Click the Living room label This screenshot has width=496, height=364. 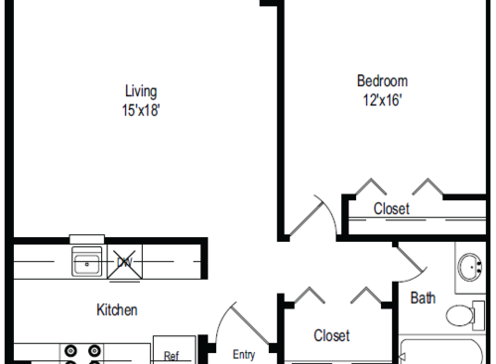[140, 91]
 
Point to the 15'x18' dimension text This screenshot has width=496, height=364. [140, 110]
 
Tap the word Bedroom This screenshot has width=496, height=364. [381, 80]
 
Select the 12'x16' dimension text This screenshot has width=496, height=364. [381, 99]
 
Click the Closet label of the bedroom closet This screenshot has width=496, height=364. [392, 208]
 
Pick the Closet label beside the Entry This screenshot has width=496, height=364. [331, 335]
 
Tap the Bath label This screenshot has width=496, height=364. [423, 297]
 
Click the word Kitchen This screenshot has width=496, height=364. [116, 309]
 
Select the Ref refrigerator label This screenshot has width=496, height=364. [171, 355]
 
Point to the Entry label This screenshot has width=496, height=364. [244, 354]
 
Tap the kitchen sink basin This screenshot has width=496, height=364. [86, 263]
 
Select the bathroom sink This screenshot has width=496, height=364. [469, 269]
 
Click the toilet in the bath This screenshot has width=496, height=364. [462, 316]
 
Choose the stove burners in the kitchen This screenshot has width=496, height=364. [82, 353]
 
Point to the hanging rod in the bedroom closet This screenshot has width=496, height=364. [417, 219]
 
